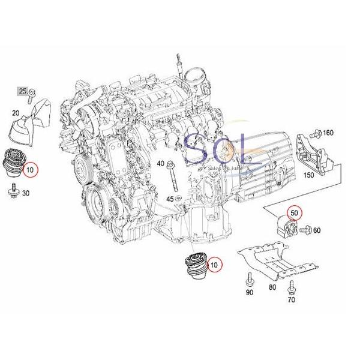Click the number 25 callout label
[x=22, y=92]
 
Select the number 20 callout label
[x=16, y=113]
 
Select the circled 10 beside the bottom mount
[x=214, y=263]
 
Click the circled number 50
[x=294, y=212]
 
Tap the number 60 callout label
[x=317, y=230]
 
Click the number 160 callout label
[x=328, y=133]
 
